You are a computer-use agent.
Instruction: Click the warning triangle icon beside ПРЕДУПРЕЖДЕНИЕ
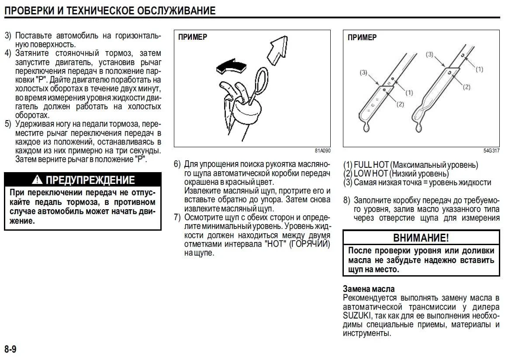pos(38,180)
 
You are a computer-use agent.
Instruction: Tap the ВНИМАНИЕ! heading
pos(421,238)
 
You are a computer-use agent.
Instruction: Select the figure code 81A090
pos(322,150)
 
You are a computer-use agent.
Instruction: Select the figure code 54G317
pos(491,150)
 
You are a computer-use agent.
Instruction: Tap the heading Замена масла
pos(369,289)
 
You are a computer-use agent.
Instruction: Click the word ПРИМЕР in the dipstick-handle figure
pos(193,37)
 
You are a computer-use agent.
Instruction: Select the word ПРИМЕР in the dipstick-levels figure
pos(362,37)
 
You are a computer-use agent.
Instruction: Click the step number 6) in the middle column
pos(177,164)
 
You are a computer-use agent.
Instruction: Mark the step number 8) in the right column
pos(347,201)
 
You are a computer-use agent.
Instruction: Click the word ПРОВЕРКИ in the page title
pos(29,10)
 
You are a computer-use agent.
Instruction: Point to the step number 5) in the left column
pos(8,124)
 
